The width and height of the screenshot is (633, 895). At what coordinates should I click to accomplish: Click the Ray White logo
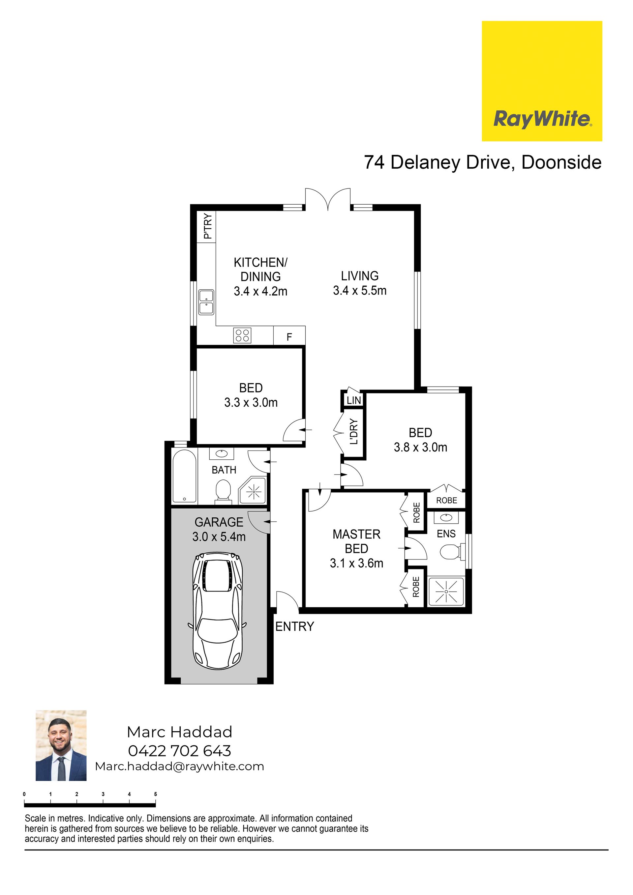pos(542,81)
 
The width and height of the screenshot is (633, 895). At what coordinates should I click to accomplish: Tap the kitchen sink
pos(206,302)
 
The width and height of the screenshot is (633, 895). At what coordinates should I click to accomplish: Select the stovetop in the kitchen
pos(242,335)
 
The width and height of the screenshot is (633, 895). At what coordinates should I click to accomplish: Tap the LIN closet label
pos(354,400)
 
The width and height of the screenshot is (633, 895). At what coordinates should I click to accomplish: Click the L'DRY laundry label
pos(353,432)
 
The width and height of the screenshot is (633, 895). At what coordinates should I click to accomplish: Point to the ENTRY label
pos(294,626)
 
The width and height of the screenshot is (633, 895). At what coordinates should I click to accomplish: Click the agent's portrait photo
pos(61,745)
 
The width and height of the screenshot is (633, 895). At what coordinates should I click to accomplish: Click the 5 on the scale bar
pos(156,794)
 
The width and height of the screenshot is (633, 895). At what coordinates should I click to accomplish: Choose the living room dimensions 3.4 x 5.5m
pos(360,290)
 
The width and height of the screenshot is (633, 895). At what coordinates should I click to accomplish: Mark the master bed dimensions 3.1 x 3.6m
pos(356,563)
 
